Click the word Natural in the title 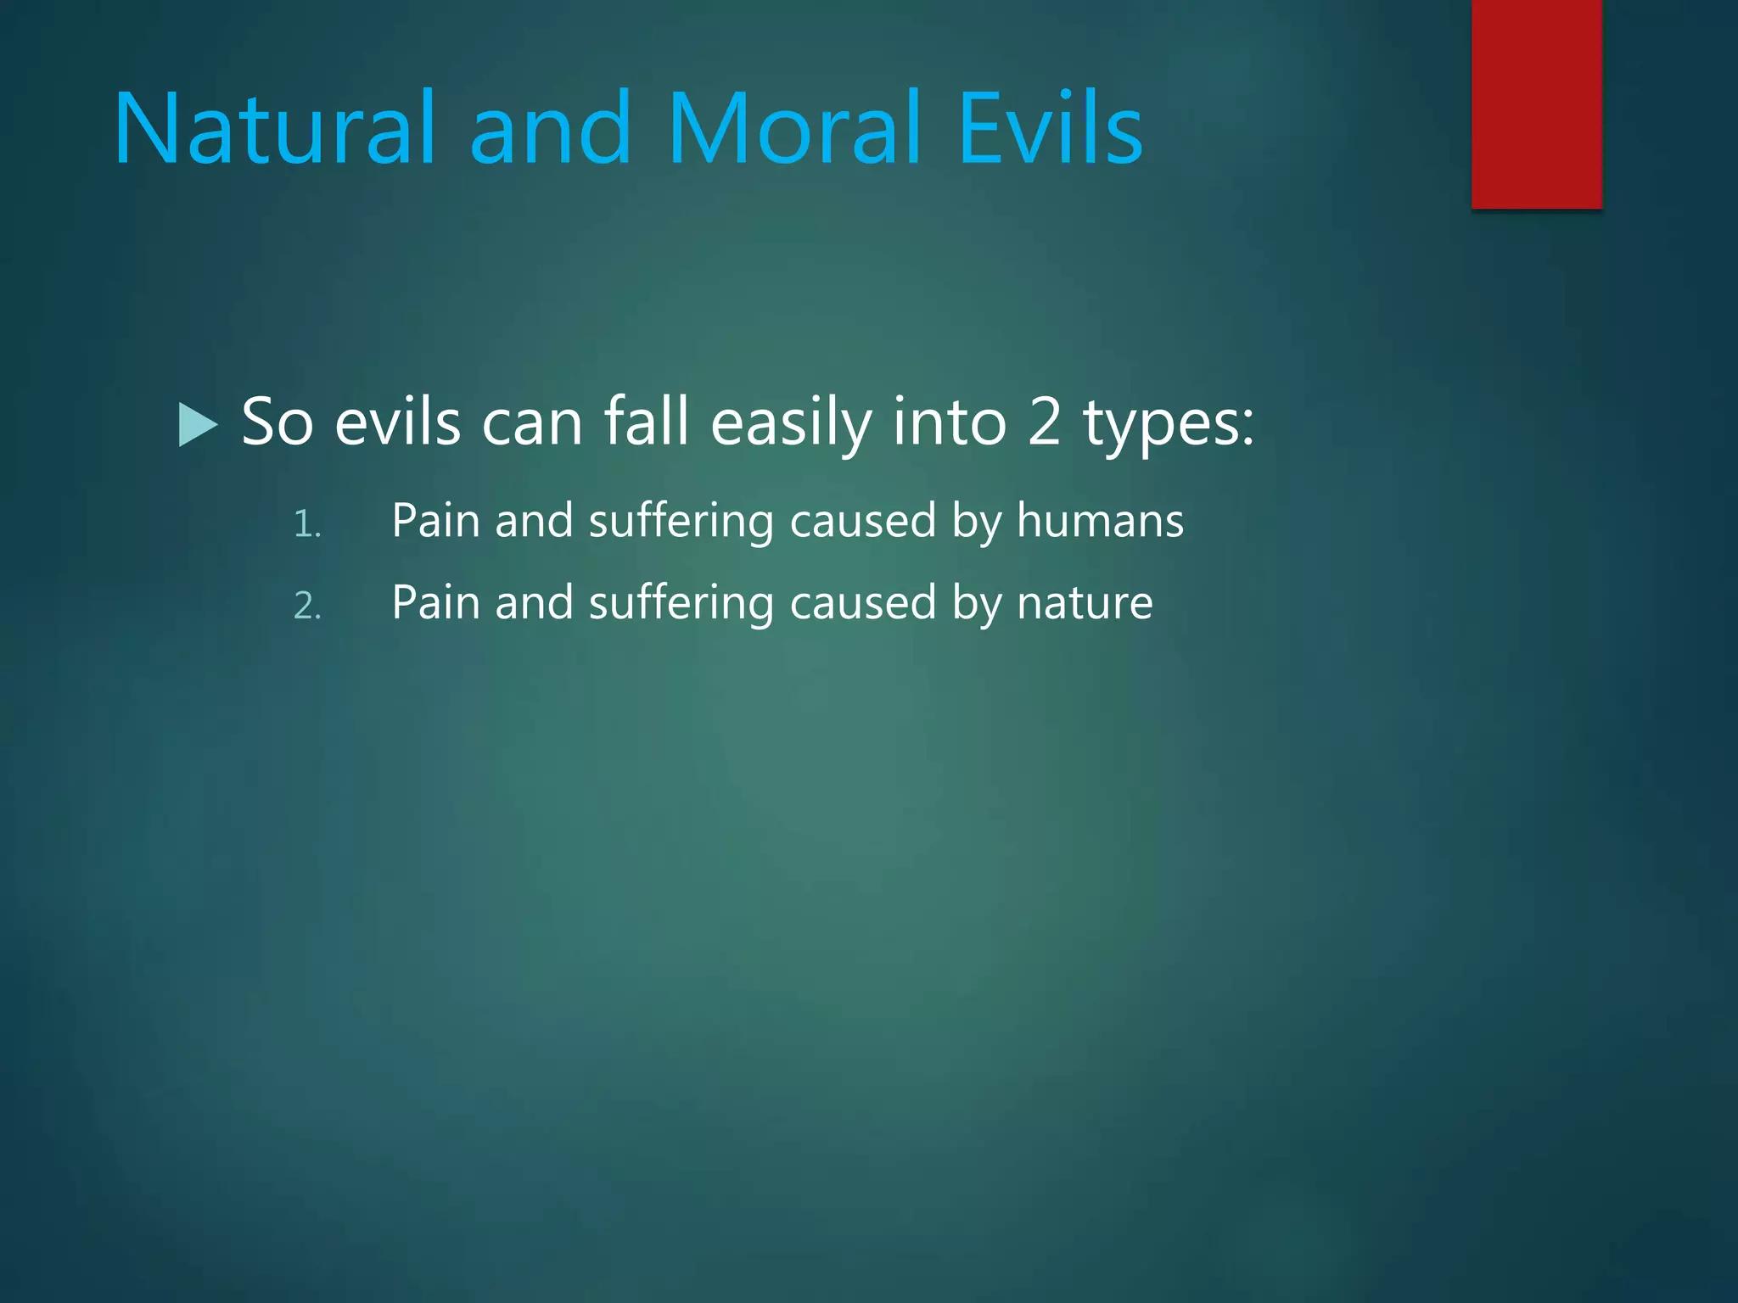pos(274,129)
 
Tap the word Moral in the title pos(794,129)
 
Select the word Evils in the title pos(1051,129)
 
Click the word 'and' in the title pos(550,129)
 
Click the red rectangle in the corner pos(1536,103)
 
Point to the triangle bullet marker pos(198,424)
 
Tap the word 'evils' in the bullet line pos(397,422)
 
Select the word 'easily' pos(790,422)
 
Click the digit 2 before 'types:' pos(1044,422)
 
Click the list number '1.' pos(307,524)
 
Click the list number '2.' pos(307,606)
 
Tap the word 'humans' pos(1100,521)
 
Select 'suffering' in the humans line pos(681,521)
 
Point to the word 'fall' pos(645,422)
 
